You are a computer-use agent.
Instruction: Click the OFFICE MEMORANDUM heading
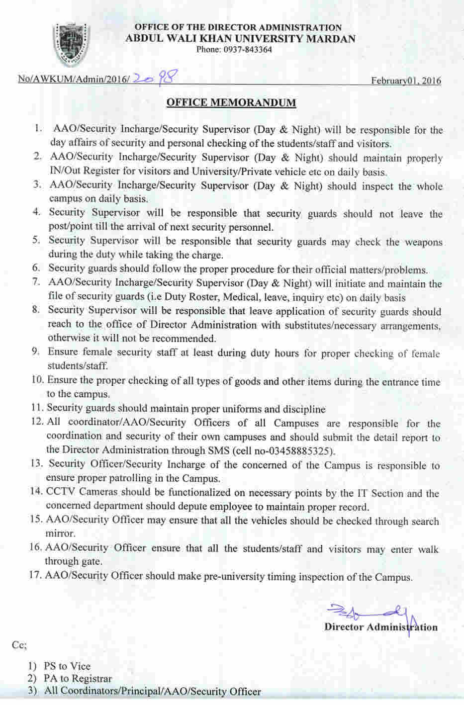231,103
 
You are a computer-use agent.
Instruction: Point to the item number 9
36,352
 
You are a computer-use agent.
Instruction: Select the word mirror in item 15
60,533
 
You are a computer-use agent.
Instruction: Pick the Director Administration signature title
381,627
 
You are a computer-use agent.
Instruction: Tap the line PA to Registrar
78,679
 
